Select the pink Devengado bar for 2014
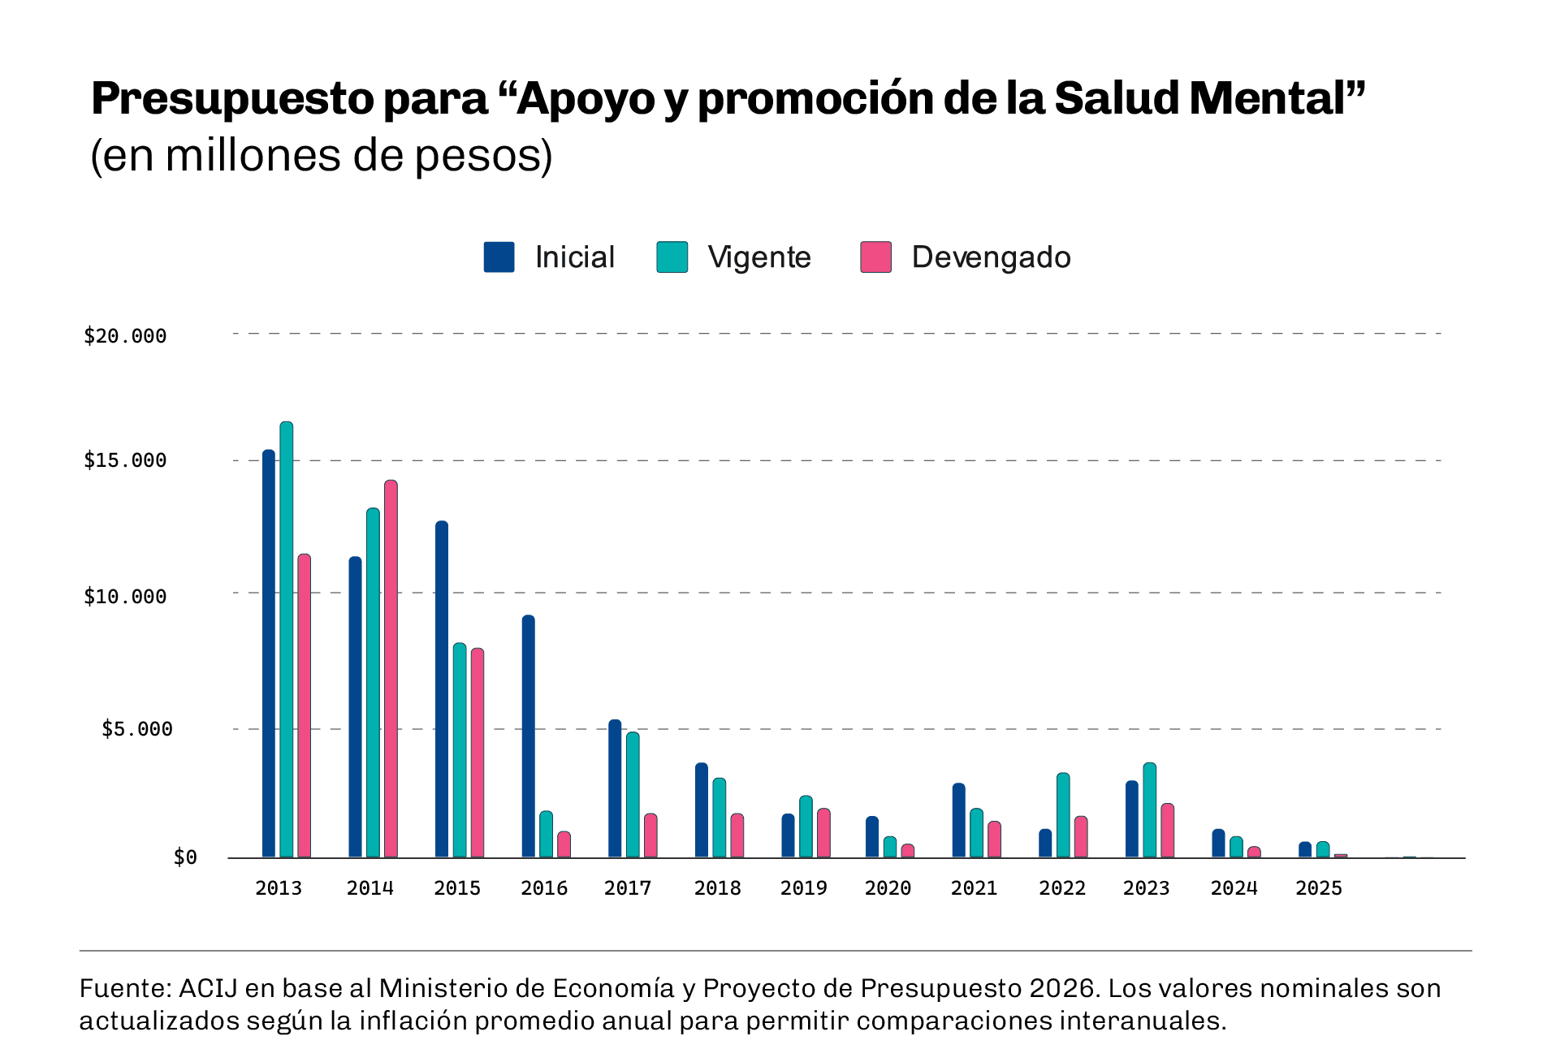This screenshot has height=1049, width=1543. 391,669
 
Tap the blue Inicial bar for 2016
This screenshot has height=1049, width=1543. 528,736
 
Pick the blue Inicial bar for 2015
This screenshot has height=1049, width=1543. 442,689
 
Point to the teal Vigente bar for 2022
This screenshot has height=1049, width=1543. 1063,815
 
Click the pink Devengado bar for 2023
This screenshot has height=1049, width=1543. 1167,831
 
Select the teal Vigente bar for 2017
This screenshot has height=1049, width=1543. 633,795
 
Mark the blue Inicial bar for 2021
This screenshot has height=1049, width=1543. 959,820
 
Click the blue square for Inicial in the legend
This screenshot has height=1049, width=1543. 499,257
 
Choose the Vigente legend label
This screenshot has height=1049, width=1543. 759,257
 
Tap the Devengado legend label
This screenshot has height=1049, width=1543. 991,257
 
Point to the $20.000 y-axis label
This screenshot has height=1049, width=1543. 125,336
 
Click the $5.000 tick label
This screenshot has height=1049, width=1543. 136,729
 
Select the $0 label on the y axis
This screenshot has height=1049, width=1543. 185,857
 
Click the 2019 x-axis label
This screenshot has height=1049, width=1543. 803,888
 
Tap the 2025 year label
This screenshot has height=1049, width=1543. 1318,888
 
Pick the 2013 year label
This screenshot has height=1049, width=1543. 279,888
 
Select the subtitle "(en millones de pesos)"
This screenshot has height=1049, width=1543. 322,155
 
